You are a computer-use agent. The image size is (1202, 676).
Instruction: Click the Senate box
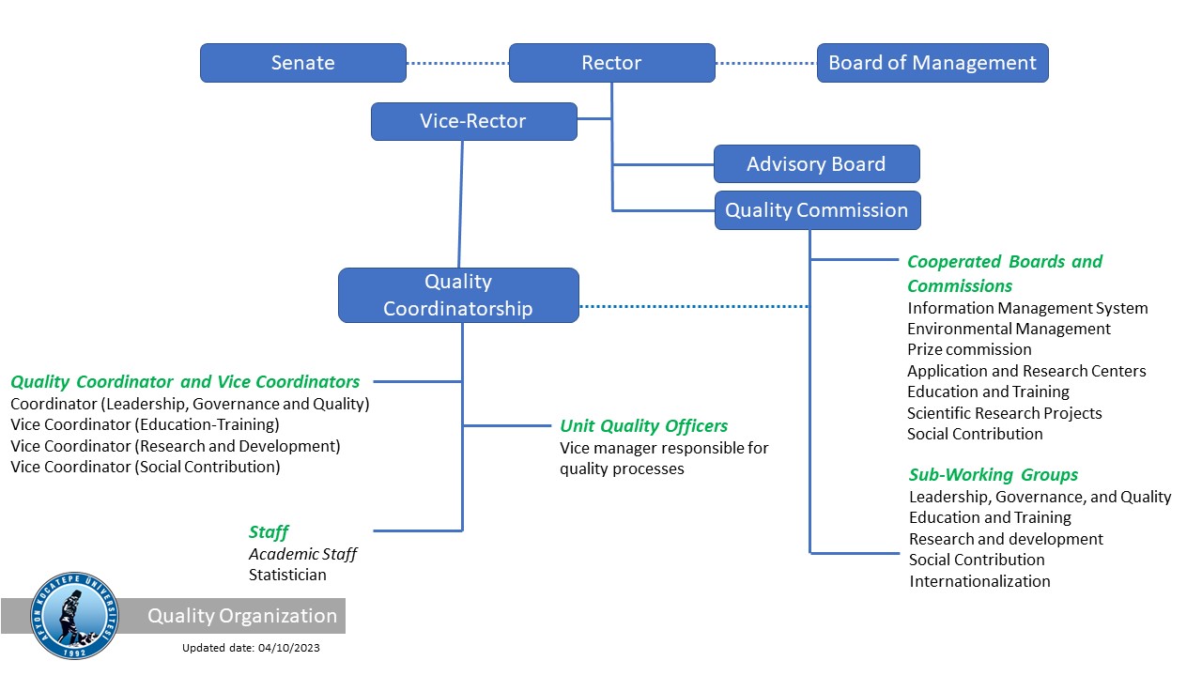302,63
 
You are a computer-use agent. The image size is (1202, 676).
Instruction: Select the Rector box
611,63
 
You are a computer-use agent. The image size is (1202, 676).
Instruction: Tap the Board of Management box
932,63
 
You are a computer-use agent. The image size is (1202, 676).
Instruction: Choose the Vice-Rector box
473,121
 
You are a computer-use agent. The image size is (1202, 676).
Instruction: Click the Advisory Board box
816,164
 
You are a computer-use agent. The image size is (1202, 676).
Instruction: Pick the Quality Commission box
817,210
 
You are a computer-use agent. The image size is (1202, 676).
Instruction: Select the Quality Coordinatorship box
458,295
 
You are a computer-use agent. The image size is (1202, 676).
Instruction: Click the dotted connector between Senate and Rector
457,63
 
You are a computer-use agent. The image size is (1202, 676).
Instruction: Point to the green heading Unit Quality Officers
643,426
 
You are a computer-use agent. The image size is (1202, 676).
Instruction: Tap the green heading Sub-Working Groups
993,474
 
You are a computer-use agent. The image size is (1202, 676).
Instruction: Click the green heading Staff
269,532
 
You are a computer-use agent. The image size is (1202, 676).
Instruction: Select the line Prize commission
969,349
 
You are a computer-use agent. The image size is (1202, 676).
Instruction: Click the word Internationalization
979,581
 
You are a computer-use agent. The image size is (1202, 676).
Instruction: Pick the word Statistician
287,575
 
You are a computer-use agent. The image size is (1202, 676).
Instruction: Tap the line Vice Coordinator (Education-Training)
145,424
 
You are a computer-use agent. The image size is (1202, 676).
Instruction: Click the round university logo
75,616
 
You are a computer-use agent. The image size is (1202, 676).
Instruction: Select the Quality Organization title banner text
242,616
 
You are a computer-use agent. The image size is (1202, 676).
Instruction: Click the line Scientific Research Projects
1004,413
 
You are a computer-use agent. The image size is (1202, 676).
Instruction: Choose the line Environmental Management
1009,329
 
